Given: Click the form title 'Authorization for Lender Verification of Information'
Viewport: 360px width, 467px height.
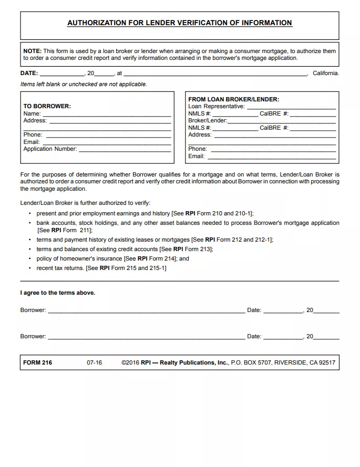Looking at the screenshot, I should (180, 23).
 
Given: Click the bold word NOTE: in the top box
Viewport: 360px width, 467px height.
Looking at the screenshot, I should (32, 51).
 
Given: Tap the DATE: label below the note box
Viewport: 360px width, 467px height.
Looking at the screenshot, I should (29, 74).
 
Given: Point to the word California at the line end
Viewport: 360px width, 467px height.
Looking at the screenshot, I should (325, 74).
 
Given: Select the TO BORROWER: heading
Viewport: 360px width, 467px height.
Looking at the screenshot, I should (47, 106).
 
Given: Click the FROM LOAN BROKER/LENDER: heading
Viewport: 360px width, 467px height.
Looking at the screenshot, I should (233, 99).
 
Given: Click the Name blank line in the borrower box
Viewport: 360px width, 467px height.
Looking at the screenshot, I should (107, 115).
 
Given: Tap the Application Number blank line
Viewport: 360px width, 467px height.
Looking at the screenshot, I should (125, 150).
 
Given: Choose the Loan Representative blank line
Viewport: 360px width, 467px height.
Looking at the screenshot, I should (291, 107).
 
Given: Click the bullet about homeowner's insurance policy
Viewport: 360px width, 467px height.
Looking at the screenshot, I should (112, 258).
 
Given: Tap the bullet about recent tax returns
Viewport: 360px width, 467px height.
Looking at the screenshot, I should (101, 268).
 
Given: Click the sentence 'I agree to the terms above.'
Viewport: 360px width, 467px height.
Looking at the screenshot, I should (58, 293).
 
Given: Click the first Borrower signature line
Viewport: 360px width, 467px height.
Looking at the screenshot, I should (146, 311).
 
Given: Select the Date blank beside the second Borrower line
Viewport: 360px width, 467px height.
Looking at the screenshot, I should (283, 337).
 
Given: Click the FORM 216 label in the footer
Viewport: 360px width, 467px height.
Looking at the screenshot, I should (37, 362).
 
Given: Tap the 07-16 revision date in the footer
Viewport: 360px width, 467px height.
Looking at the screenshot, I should (95, 362).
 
